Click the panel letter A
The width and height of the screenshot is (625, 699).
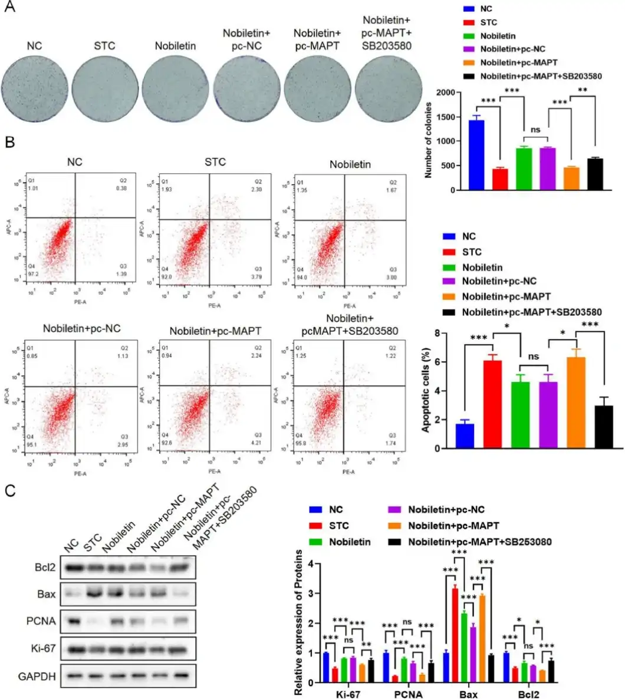coord(10,9)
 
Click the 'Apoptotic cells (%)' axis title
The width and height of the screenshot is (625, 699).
coord(426,390)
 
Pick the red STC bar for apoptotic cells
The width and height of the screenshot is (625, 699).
coord(492,404)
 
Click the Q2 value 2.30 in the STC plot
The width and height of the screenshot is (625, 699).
coord(259,188)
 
